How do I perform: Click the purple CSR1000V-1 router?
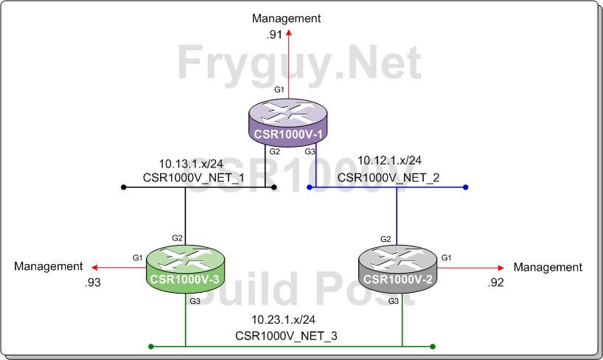click(287, 123)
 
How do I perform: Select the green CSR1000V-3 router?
click(184, 269)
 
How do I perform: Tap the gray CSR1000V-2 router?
click(401, 269)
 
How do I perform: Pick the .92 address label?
click(495, 282)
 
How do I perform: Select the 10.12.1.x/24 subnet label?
click(389, 160)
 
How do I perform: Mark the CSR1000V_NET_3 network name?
click(287, 336)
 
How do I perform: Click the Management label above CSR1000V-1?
click(287, 17)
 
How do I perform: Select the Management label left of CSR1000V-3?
click(48, 266)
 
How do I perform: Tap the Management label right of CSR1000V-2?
click(548, 267)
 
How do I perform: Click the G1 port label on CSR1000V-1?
click(279, 89)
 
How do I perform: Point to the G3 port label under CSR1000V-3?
click(195, 301)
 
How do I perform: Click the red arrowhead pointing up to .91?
click(288, 33)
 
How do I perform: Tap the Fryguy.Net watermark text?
click(300, 63)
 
